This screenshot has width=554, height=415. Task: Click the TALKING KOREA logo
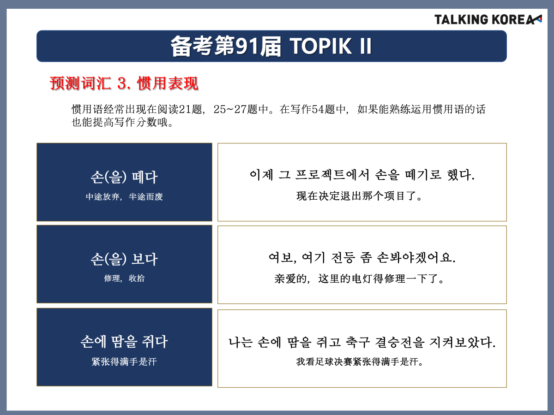point(488,20)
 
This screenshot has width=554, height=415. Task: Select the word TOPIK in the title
point(320,46)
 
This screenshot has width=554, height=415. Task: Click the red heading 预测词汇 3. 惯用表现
point(124,83)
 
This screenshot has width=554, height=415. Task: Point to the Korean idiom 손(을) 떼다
point(124,177)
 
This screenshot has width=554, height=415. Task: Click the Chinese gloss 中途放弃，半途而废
point(124,196)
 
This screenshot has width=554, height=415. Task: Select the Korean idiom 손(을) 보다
point(124,259)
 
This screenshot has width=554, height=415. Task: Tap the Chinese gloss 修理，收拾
point(124,278)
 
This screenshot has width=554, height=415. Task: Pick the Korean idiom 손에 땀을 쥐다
point(124,342)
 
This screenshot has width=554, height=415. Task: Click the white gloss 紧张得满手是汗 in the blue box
point(124,362)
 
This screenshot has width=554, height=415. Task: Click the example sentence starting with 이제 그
point(362,175)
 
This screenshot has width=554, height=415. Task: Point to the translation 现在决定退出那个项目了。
point(359,196)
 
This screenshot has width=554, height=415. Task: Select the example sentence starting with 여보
point(362,257)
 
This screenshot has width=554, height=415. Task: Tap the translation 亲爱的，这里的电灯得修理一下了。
point(359,279)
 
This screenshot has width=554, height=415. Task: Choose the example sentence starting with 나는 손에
point(362,342)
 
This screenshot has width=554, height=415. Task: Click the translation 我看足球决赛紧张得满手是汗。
point(359,362)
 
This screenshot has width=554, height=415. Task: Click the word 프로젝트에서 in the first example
point(332,175)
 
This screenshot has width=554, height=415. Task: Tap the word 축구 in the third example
point(358,342)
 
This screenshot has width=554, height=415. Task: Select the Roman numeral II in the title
point(366,46)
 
